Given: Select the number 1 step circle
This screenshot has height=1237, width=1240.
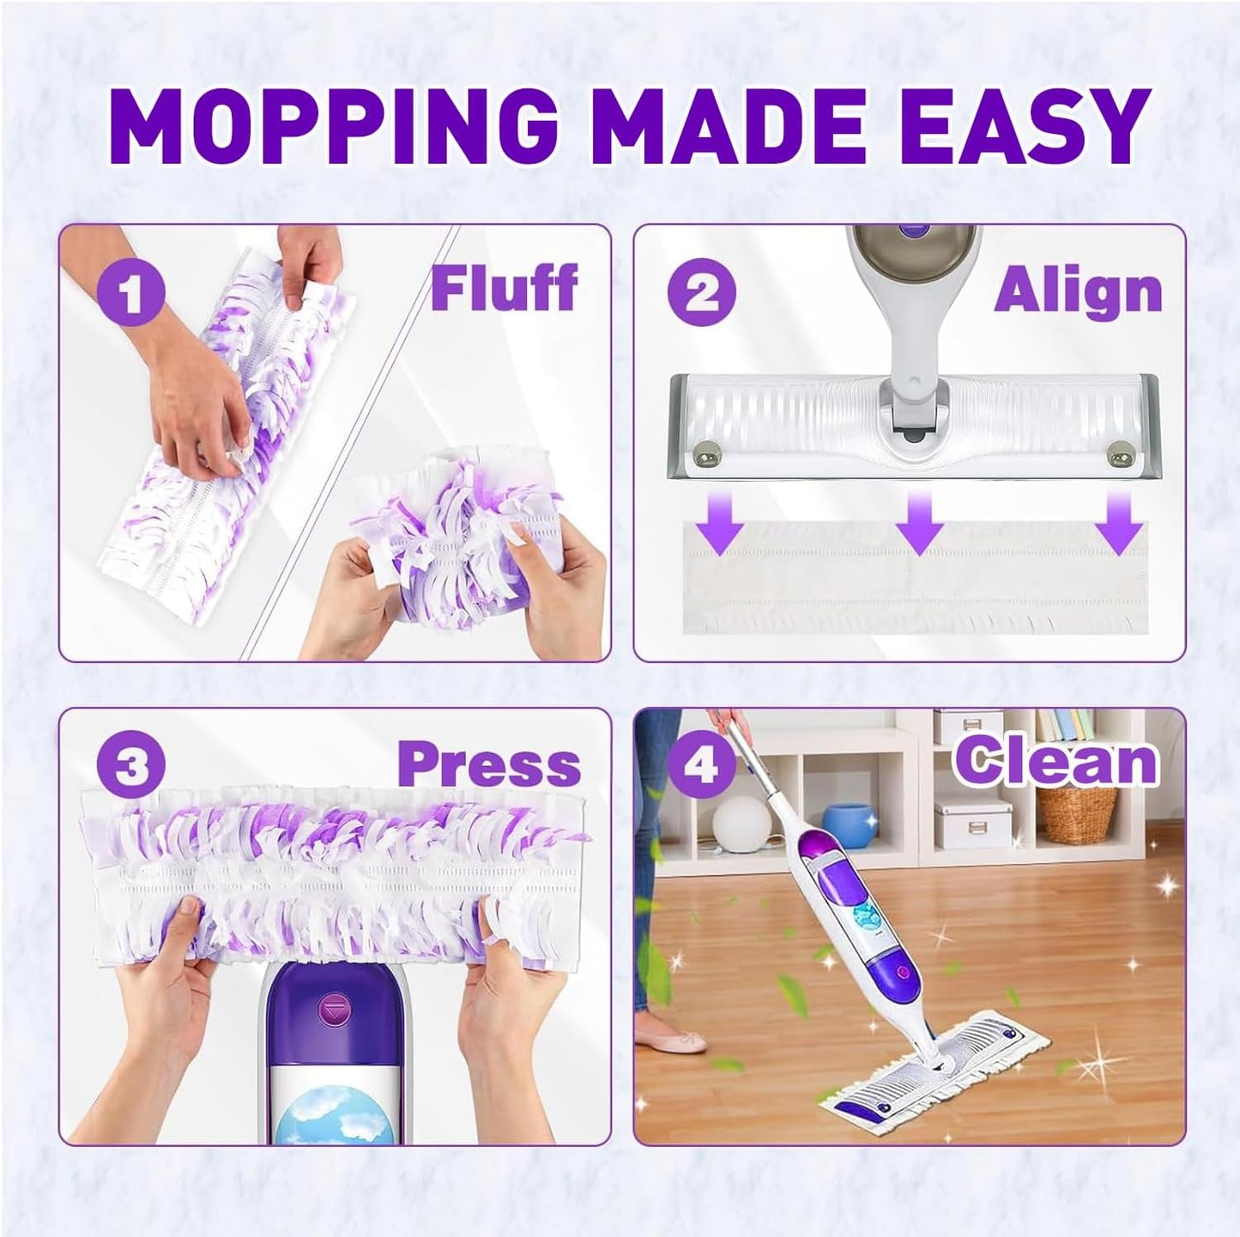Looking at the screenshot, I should coord(130,294).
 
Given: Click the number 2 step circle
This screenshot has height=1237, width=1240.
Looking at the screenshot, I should coord(703,292).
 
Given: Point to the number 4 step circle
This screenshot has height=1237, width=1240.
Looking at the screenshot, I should coord(701,763).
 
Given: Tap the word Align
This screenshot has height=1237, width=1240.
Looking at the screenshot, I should coord(1078,292).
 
